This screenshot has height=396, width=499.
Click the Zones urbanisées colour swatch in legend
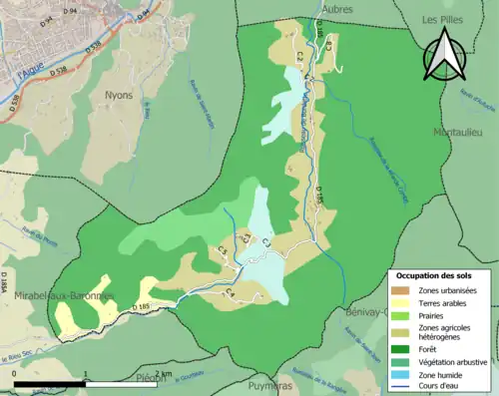coord(400,290)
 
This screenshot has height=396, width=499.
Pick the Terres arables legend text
coord(439,301)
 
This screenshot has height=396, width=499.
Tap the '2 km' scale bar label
coord(162,373)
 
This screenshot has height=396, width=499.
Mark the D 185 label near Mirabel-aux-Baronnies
coord(138,305)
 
